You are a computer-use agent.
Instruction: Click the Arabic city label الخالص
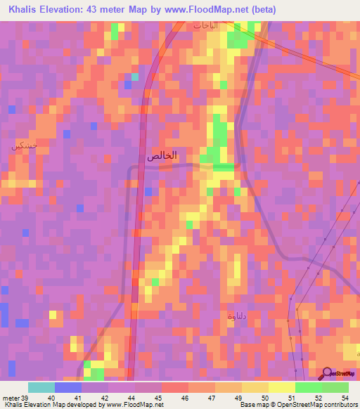click(162, 156)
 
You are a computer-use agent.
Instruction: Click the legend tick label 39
click(23, 397)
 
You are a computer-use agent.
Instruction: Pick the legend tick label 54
click(345, 397)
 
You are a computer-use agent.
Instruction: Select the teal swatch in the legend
click(41, 387)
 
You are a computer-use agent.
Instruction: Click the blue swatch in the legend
click(67, 387)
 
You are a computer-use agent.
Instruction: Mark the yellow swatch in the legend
click(281, 387)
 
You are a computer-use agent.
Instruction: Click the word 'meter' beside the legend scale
click(10, 397)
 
